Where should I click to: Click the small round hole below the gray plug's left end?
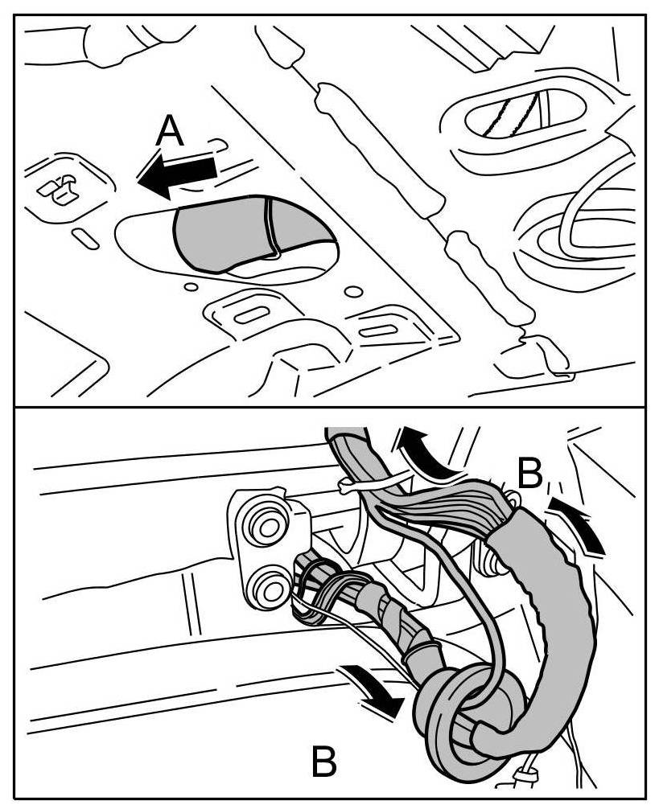[191, 286]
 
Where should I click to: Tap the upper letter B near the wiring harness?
[531, 475]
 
